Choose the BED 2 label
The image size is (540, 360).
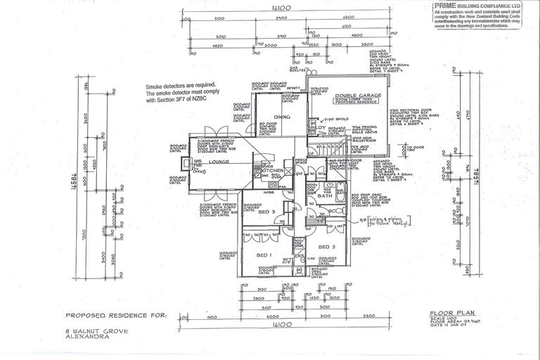[327, 247]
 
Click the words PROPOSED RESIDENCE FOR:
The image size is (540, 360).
[116, 316]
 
